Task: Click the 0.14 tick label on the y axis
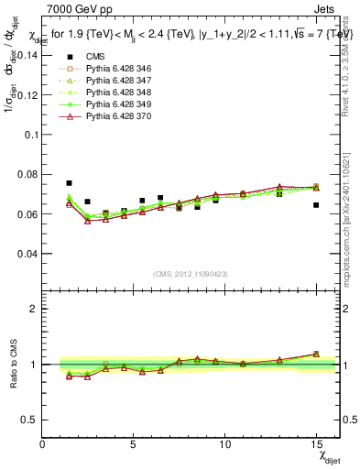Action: [26, 55]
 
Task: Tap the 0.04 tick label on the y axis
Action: [26, 254]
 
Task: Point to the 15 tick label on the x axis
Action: [316, 444]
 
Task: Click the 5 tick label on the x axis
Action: [134, 444]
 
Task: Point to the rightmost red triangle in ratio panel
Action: [316, 354]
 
